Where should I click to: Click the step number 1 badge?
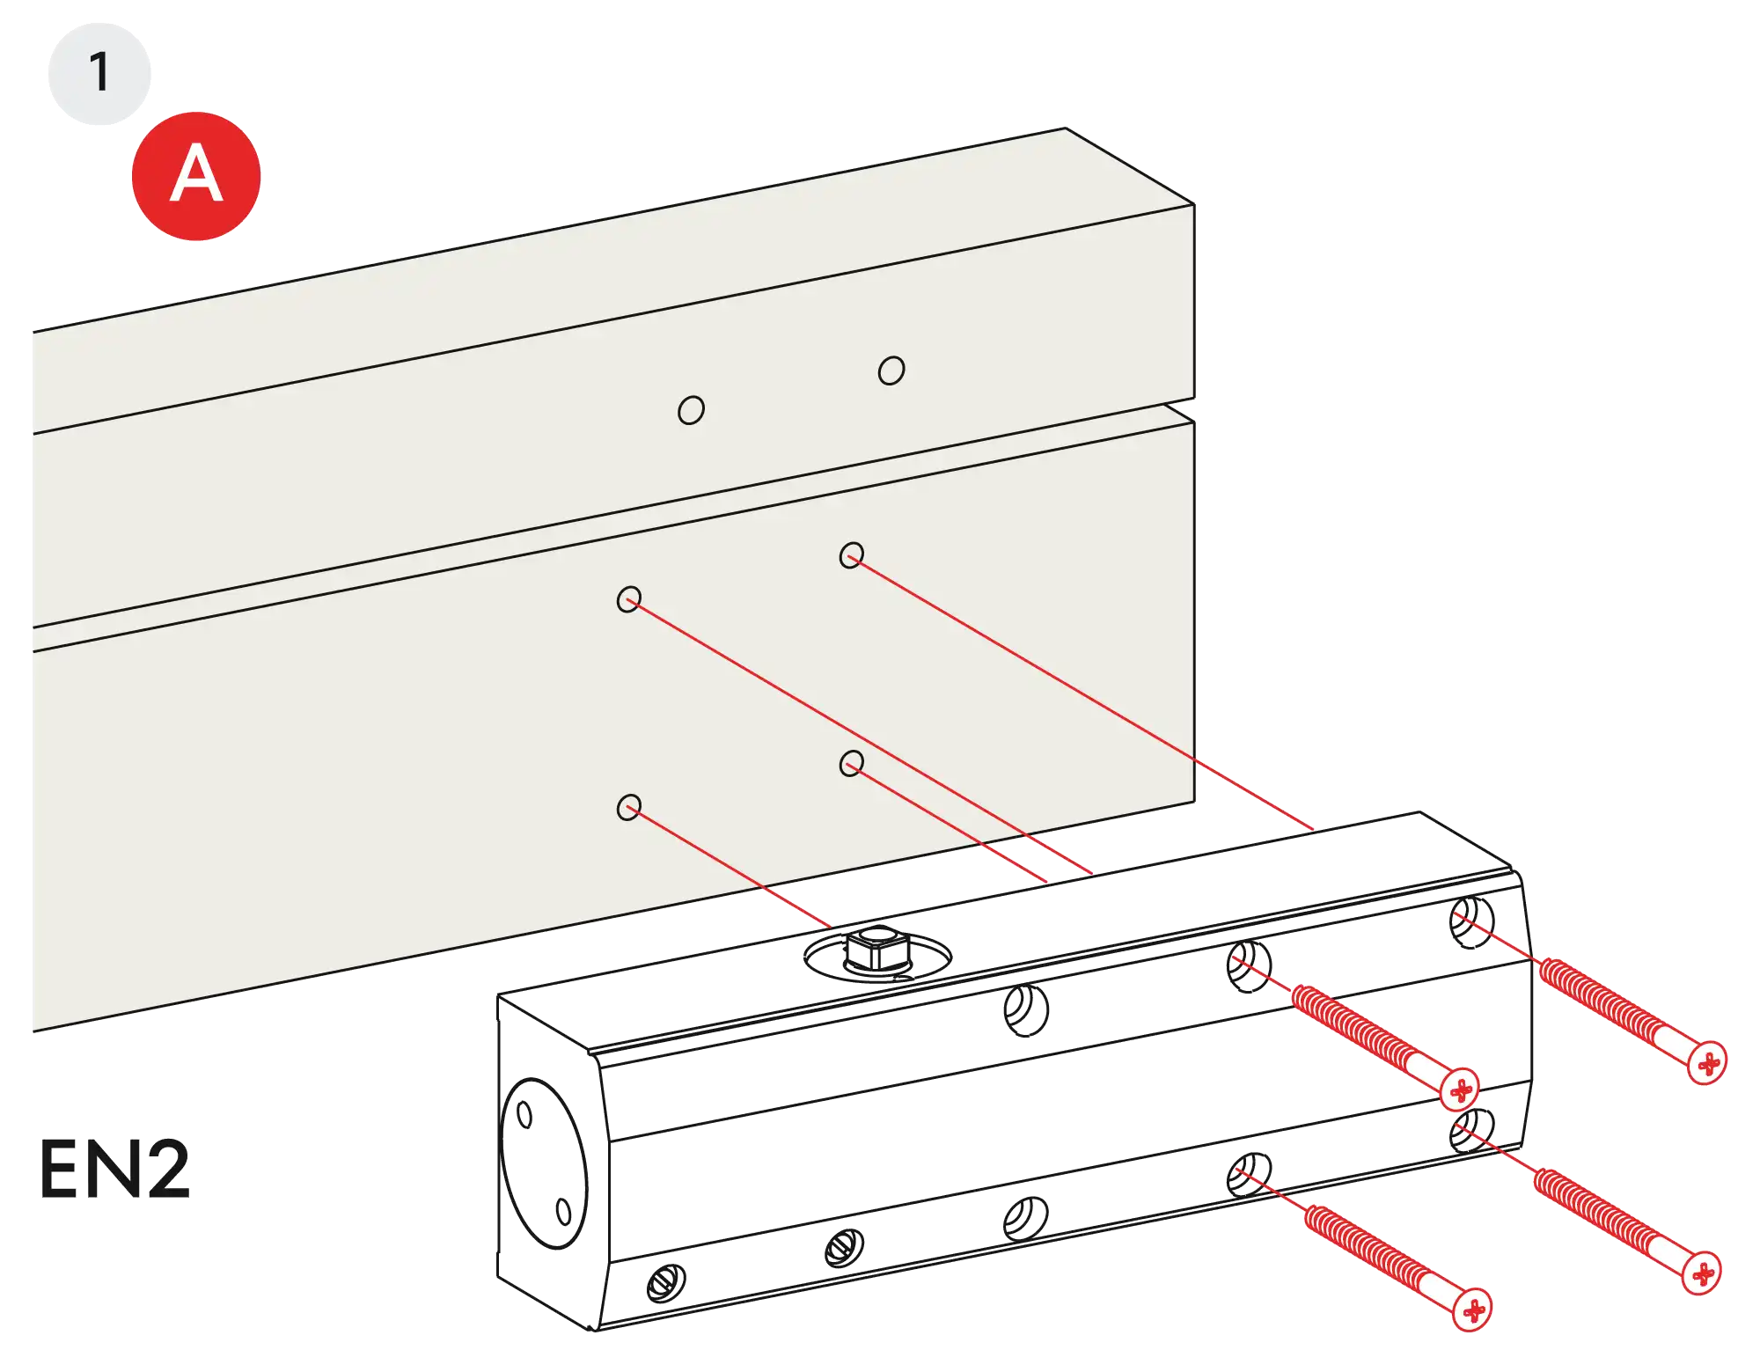tap(99, 72)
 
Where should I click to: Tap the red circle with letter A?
tap(195, 175)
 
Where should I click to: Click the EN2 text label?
tap(115, 1169)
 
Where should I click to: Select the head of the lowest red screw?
tap(1471, 1310)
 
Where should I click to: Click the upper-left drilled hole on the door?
tap(628, 600)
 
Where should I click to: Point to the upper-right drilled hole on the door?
tap(851, 555)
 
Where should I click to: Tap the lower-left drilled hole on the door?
tap(628, 807)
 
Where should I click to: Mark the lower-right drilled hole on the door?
tap(851, 763)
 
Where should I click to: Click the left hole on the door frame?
tap(691, 410)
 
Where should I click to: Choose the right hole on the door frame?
tap(891, 371)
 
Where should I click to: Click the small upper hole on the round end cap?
tap(524, 1116)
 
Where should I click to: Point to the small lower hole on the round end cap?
tap(564, 1213)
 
